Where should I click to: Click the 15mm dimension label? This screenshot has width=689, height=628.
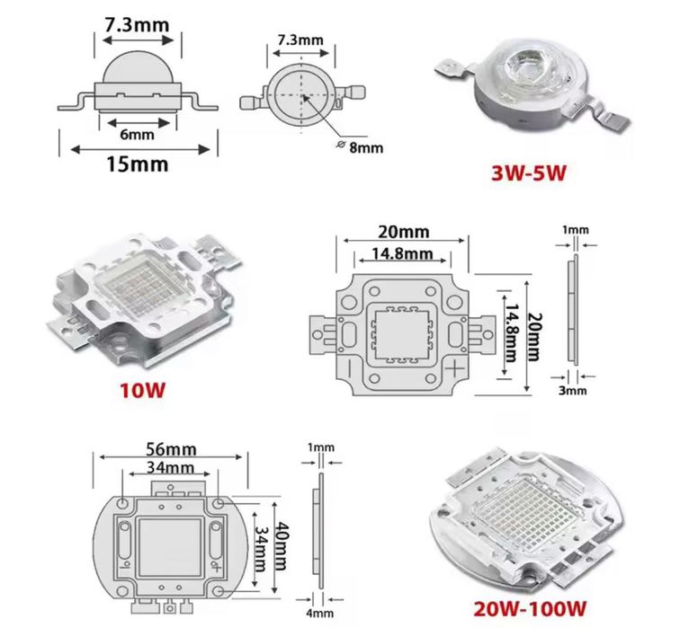click(x=138, y=164)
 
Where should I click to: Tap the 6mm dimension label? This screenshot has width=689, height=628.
click(x=137, y=134)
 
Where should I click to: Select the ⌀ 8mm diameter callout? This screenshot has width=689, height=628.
click(x=360, y=147)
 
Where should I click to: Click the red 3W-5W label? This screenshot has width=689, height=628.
click(x=529, y=172)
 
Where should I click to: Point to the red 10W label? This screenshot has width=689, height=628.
click(x=143, y=390)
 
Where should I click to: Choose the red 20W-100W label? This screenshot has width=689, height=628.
click(x=530, y=609)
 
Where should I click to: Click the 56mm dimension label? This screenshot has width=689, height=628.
click(x=172, y=449)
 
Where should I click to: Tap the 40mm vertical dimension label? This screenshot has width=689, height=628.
click(x=281, y=545)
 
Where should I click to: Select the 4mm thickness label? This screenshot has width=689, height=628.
click(x=319, y=613)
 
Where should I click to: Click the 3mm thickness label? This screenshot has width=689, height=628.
click(x=573, y=390)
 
